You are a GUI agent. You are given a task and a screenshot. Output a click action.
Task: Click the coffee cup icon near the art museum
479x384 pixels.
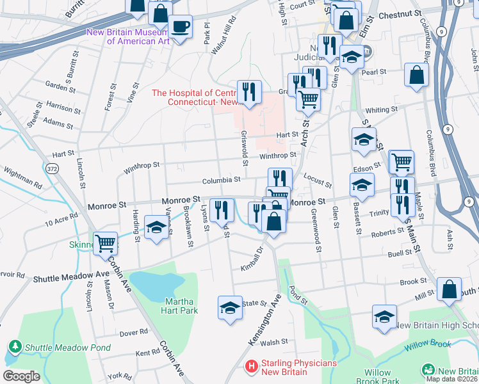coord(181,27)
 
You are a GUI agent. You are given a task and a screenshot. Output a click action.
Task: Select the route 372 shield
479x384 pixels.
coord(52,168)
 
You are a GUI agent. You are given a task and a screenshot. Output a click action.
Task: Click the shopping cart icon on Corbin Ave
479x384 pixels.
coord(105,243)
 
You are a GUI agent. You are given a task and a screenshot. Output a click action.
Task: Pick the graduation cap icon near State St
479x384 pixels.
coord(230,307)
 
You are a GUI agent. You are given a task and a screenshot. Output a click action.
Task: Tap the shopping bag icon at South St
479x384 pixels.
coord(450,289)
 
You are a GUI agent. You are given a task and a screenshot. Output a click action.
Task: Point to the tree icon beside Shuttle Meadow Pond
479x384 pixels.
coord(15,347)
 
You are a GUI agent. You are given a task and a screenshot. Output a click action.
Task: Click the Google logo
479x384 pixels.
coord(21,376)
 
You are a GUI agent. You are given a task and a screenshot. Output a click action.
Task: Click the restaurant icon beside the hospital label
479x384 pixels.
coord(248,91)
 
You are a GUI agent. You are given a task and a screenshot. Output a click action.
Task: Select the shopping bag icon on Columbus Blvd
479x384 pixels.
coord(416,76)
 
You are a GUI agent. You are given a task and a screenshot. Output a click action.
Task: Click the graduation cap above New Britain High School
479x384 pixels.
coord(384,316)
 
